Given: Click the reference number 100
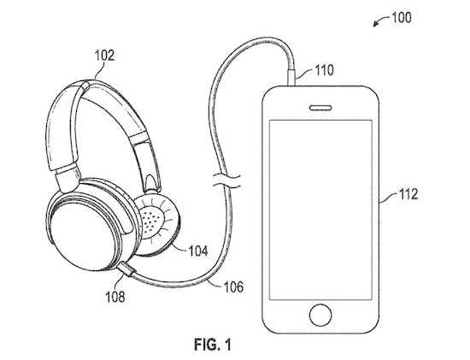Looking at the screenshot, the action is point(402,18).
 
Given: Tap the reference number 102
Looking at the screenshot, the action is point(104,56).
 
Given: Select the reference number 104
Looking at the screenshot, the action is point(198,251).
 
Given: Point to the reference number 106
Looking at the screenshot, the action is point(233,287).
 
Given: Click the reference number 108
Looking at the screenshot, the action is point(115,297).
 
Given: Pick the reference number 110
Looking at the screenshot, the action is point(324,70).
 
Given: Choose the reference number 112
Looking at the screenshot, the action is point(408,194).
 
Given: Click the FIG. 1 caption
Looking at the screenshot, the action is point(213,345).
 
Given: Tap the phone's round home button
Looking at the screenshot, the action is point(320,316).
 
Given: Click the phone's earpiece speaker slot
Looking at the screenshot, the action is point(320,108).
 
